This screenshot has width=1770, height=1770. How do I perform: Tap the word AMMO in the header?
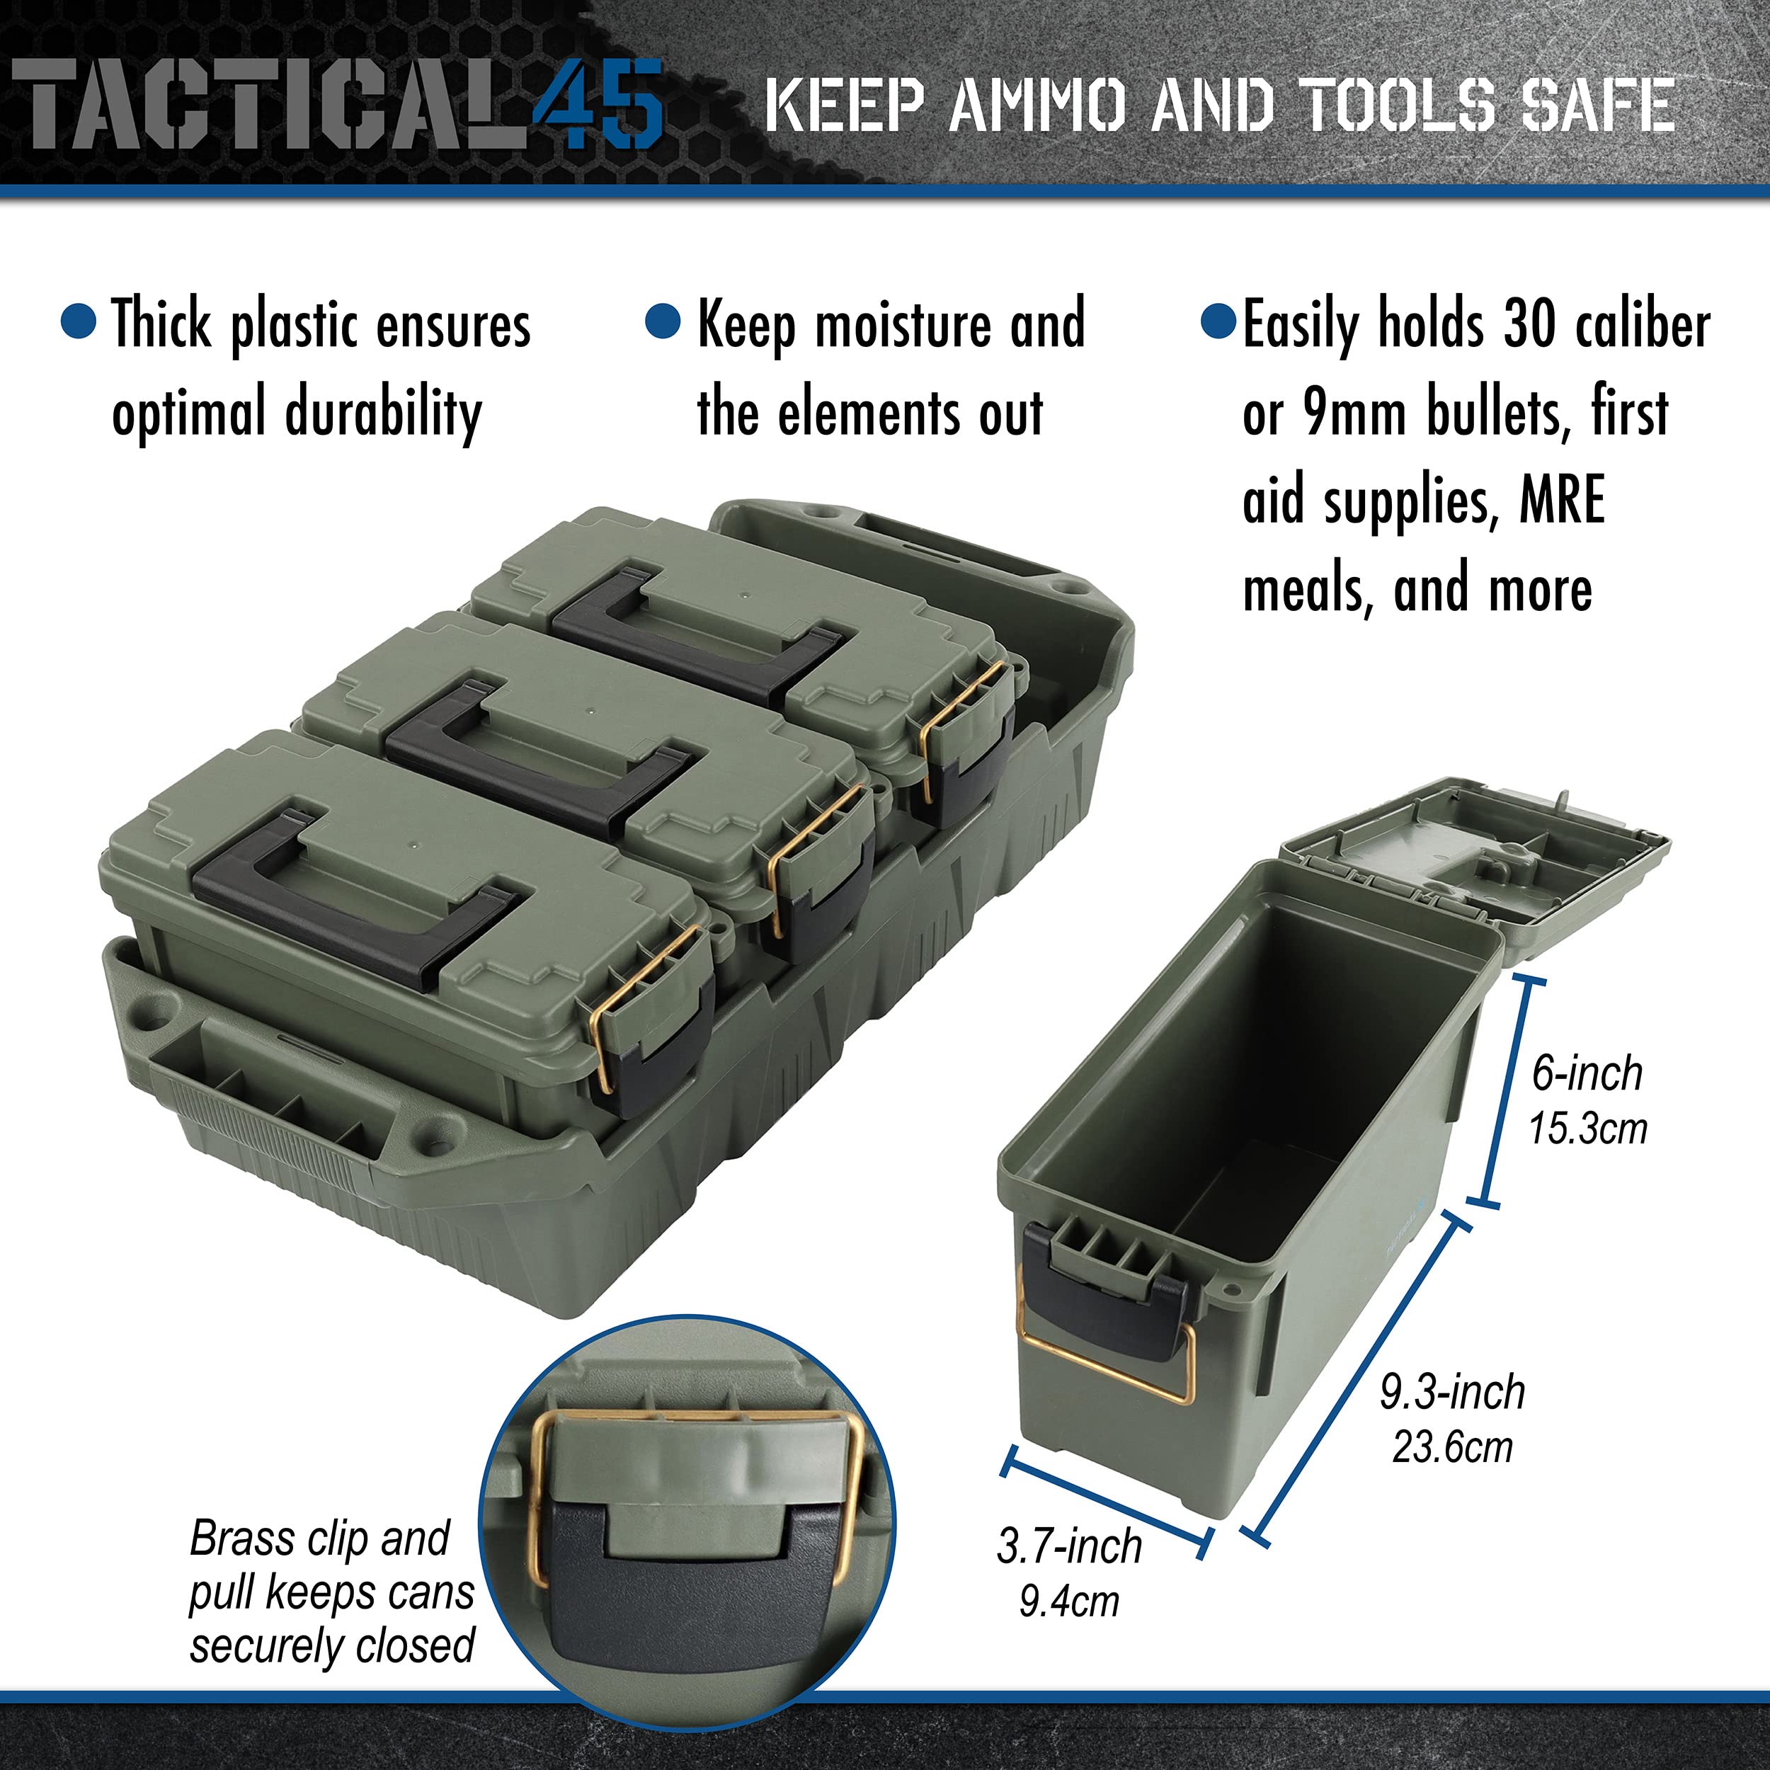(x=1037, y=105)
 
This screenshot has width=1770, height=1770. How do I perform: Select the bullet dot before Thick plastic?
(x=78, y=321)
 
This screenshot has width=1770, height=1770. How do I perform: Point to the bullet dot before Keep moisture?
(x=663, y=321)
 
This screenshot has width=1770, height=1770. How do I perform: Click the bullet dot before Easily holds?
(x=1218, y=321)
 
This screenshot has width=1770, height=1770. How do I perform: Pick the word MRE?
(x=1561, y=501)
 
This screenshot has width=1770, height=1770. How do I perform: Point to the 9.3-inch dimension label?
(x=1452, y=1393)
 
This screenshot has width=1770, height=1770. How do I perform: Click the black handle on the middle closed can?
(x=540, y=760)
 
